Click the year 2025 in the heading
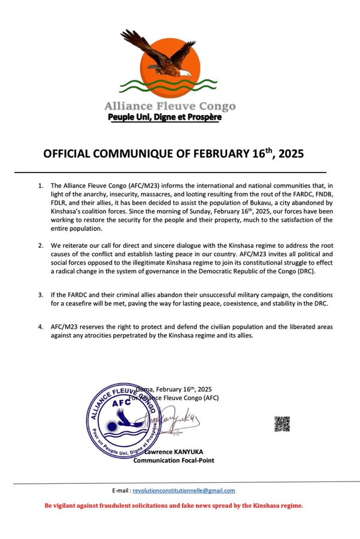288,154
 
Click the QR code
282,424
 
